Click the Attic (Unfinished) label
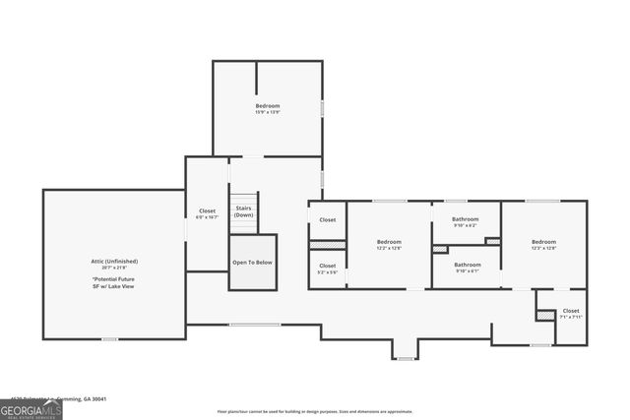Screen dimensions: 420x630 [113, 261]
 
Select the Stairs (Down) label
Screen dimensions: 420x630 [244, 211]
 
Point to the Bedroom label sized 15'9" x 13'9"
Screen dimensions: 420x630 [268, 105]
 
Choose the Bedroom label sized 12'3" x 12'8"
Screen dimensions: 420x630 [543, 241]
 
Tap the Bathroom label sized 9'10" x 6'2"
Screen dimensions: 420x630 [465, 218]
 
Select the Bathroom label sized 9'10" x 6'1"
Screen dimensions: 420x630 [467, 265]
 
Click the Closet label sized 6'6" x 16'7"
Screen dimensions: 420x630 [207, 210]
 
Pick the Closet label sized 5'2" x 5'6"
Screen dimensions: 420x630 [327, 266]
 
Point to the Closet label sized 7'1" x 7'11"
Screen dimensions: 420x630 [571, 311]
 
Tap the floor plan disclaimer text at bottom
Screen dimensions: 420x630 [315, 411]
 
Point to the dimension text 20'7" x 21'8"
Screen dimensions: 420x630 [113, 268]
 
